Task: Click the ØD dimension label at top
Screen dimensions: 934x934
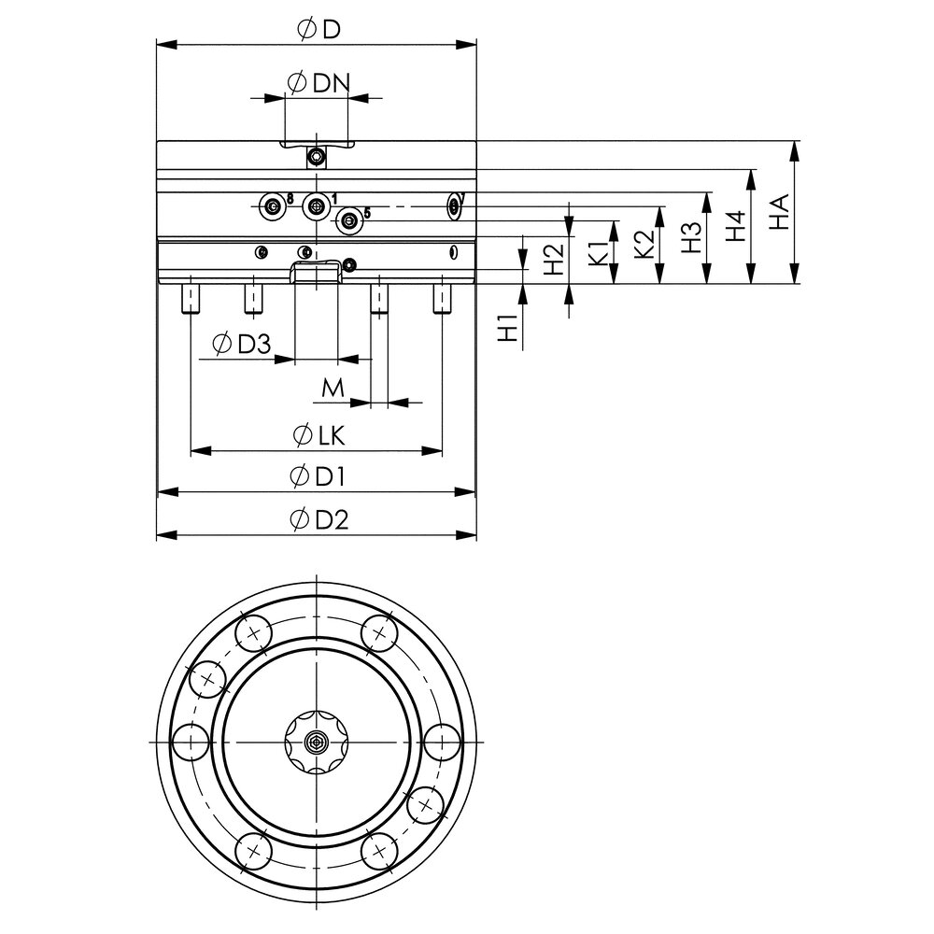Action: click(317, 29)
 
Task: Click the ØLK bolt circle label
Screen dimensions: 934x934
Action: click(317, 434)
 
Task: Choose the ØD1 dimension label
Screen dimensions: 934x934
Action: click(317, 476)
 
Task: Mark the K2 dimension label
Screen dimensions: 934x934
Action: click(644, 245)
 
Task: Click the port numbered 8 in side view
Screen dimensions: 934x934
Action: click(272, 205)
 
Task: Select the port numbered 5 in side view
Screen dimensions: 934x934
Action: click(349, 221)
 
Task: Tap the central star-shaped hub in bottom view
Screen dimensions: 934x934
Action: click(317, 743)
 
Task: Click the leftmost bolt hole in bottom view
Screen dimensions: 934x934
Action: click(191, 743)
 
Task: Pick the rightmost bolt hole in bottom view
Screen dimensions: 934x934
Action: click(440, 743)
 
